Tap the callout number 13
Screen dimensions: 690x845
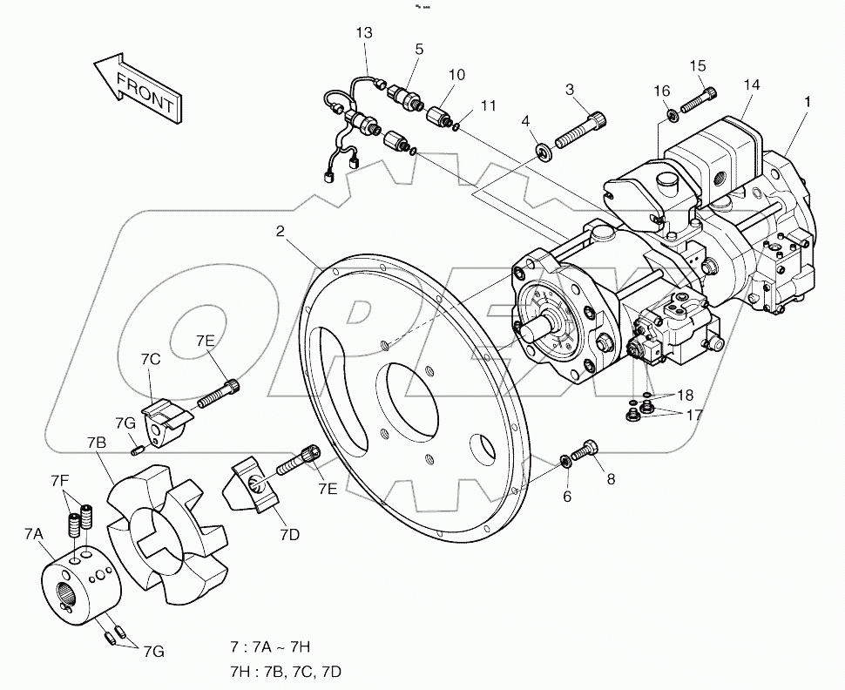pos(364,33)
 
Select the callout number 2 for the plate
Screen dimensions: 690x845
pos(281,232)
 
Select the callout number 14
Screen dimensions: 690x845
pos(751,85)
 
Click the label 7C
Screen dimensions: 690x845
pos(150,359)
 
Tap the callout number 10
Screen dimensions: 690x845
pos(456,76)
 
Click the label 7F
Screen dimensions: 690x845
pos(59,480)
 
